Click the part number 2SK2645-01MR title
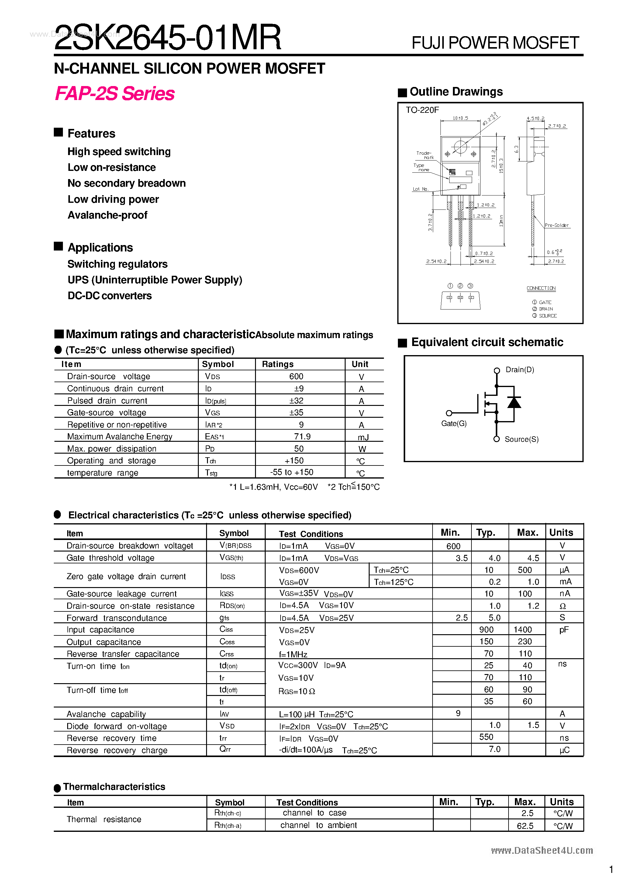pos(167,38)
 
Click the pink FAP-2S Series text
pos(115,93)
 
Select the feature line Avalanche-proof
pos(107,215)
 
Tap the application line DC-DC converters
pos(109,296)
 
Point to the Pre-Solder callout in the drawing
pos(556,225)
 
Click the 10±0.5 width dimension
pos(460,118)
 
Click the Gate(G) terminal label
pos(454,424)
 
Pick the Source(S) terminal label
pos(522,439)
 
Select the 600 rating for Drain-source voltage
pos(296,376)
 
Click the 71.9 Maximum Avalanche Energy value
pos(302,436)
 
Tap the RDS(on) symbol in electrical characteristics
pos(232,606)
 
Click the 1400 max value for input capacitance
pos(523,630)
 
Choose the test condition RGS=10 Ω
pos(297,692)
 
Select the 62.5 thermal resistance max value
pos(525,826)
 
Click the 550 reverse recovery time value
pos(486,737)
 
